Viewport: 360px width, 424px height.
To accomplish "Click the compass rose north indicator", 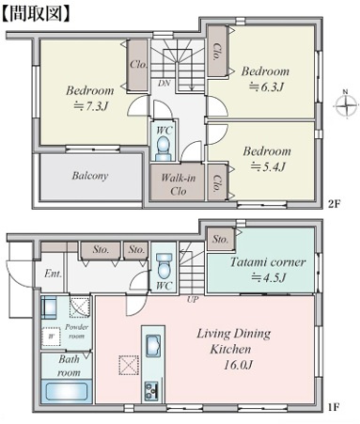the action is (346, 105).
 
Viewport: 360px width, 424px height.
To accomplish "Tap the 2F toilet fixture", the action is (164, 148).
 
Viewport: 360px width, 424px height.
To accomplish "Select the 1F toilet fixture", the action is (164, 266).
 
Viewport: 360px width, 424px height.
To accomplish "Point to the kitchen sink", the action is (153, 346).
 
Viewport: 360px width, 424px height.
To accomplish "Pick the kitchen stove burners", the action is (151, 390).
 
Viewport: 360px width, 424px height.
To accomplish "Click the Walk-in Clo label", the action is (178, 184).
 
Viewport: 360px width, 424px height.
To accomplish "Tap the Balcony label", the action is (90, 176).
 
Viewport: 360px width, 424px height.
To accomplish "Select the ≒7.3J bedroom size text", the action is (90, 106).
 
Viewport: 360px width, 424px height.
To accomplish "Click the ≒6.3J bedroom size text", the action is (266, 86).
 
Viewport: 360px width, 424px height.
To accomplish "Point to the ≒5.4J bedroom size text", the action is (268, 166).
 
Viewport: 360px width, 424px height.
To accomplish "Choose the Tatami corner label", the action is (268, 262).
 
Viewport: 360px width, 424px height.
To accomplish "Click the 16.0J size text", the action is (238, 365).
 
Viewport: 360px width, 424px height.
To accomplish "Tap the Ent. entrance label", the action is (53, 274).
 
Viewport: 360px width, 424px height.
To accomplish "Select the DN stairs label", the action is (164, 84).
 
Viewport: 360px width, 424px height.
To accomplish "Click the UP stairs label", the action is (193, 300).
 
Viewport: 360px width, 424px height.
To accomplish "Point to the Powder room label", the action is (77, 331).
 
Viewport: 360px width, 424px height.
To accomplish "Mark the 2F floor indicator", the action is (334, 204).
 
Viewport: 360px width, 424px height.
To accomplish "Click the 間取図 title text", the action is (36, 13).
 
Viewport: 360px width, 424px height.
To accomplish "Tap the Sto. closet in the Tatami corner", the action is (221, 240).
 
